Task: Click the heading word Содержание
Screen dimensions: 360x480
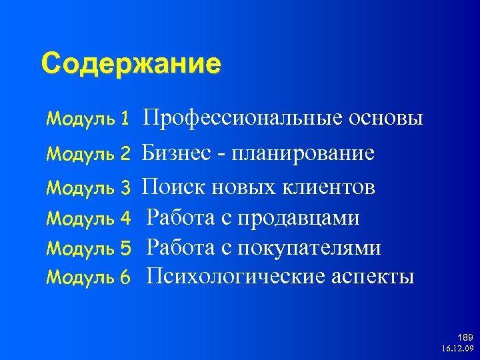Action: click(x=131, y=65)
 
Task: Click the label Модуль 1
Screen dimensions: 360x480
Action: click(x=88, y=120)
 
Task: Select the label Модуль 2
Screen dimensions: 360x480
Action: click(x=88, y=155)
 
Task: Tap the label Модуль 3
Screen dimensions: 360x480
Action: click(x=88, y=188)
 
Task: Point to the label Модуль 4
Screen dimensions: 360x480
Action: click(x=88, y=218)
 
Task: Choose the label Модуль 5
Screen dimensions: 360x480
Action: click(x=88, y=248)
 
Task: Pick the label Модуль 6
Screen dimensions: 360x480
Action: click(x=88, y=277)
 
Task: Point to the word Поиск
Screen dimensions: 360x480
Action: click(x=175, y=187)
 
